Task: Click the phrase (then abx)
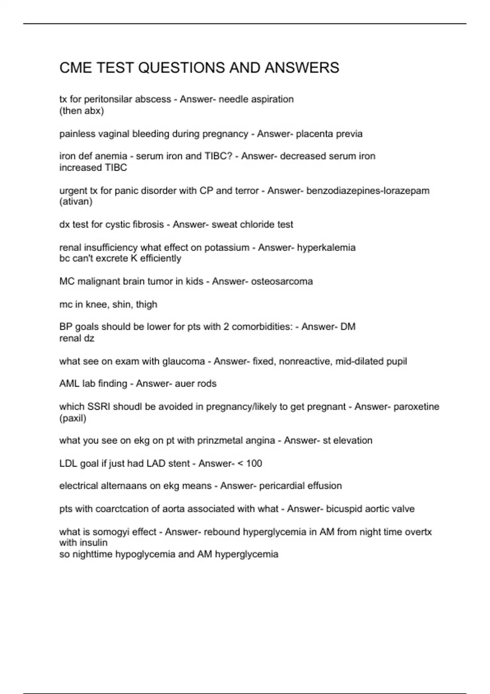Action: pos(82,111)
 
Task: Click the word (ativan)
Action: pos(76,202)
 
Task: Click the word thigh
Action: pos(146,305)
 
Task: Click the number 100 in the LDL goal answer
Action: pos(254,464)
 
